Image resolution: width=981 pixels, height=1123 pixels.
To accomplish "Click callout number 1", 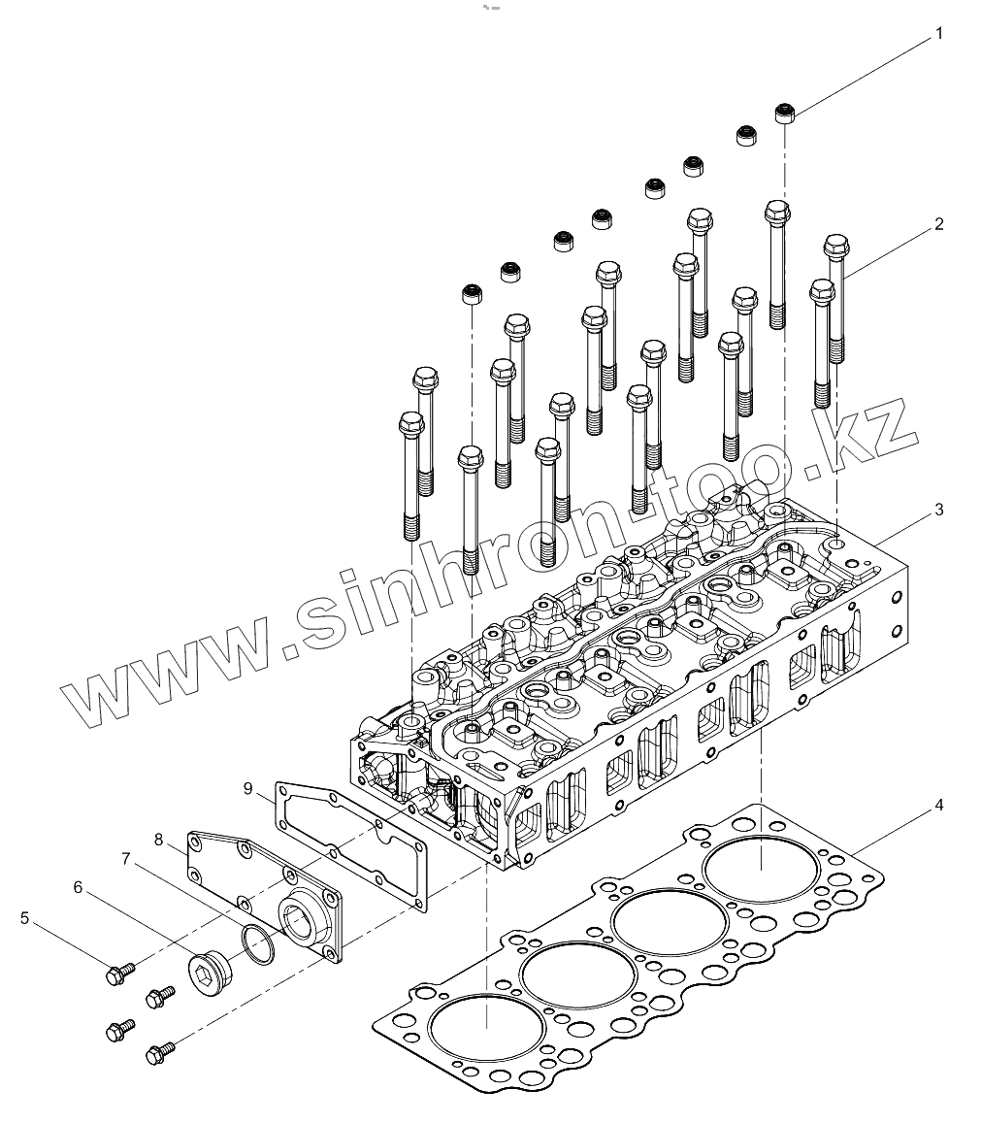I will [938, 34].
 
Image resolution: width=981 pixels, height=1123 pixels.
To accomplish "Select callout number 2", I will [938, 224].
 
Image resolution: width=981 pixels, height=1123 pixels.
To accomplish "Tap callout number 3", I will [938, 509].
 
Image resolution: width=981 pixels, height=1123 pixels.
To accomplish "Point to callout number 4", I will [938, 805].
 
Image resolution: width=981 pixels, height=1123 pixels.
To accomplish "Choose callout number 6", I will [79, 886].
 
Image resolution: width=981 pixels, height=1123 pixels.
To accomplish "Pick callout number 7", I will [125, 858].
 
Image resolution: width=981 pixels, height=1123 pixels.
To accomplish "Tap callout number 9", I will [248, 788].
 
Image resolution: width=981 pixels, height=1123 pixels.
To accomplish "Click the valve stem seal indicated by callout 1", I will [785, 115].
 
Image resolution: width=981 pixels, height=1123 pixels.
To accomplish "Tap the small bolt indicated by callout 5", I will [118, 972].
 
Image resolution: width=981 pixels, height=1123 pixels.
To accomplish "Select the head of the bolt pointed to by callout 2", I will [836, 246].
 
